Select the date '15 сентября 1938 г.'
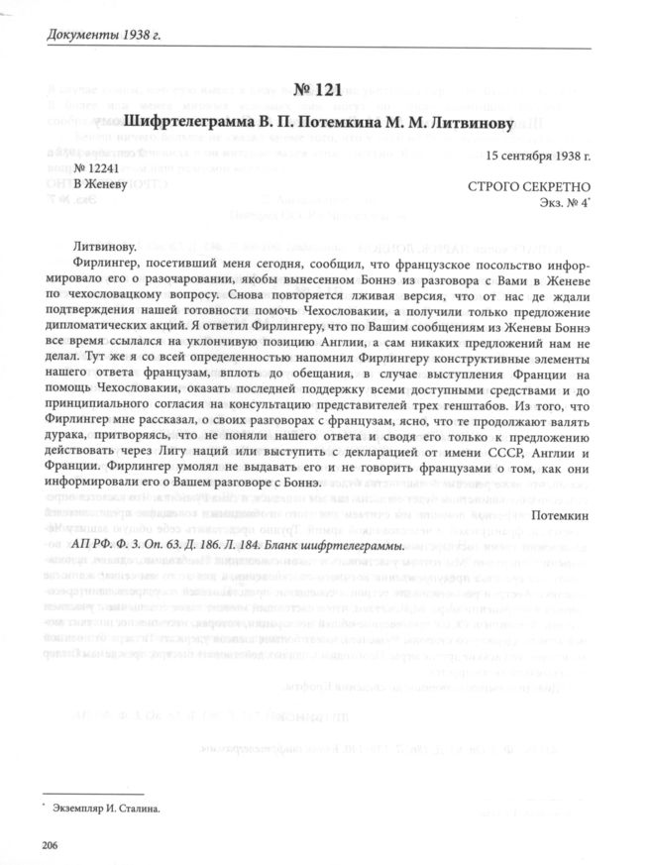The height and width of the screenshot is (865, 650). (x=538, y=156)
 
